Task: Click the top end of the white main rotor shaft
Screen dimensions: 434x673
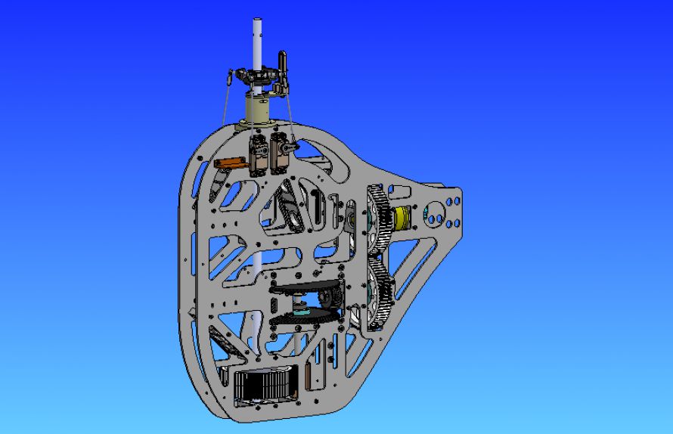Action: (x=256, y=22)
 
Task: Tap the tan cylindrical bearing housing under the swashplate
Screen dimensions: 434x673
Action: (x=259, y=111)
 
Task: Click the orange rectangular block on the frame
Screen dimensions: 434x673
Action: (x=228, y=163)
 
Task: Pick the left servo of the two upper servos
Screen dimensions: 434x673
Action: (x=258, y=153)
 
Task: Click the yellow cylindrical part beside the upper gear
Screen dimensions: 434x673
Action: (x=402, y=219)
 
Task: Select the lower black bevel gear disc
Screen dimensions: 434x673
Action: (x=302, y=318)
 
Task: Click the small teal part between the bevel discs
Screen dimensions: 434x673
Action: (x=302, y=310)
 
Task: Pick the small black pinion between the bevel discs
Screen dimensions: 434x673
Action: (x=327, y=297)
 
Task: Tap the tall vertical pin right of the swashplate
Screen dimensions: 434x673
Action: (x=283, y=64)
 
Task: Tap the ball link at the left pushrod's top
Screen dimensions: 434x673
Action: (x=231, y=78)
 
